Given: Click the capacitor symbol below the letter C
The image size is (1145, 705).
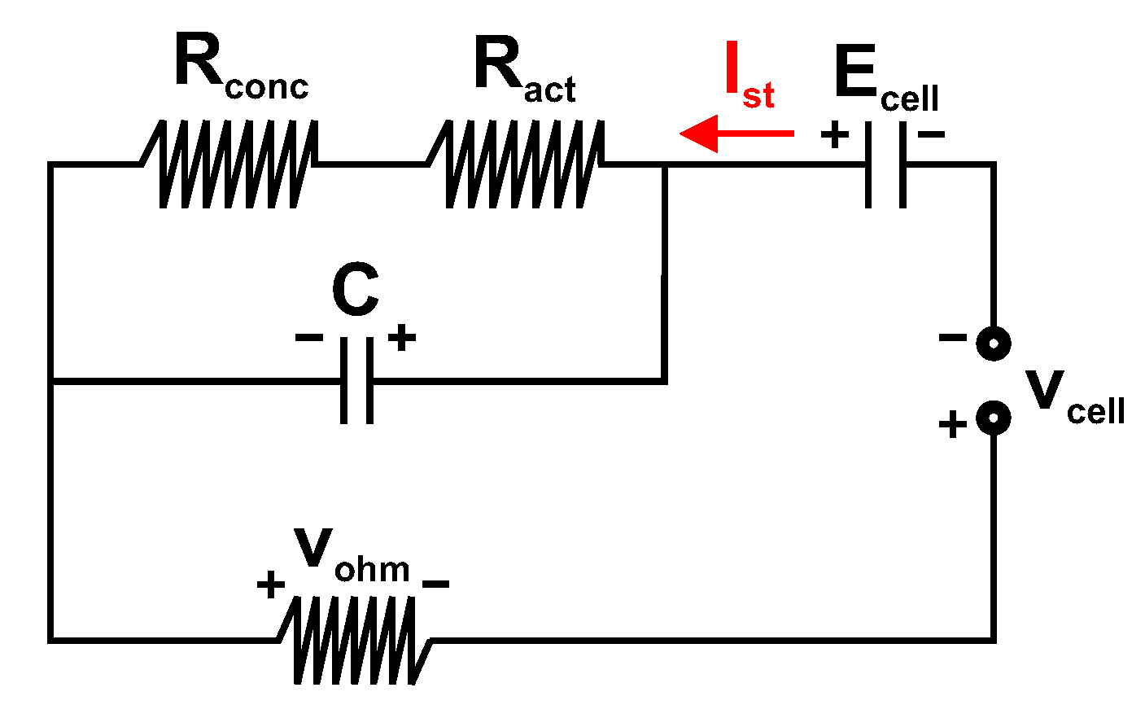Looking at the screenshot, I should click(357, 380).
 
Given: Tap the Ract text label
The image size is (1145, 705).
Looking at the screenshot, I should click(525, 72).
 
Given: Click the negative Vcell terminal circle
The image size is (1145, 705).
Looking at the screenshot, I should click(993, 342).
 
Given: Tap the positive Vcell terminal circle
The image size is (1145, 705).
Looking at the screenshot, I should click(993, 418).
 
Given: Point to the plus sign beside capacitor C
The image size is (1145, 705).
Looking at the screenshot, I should click(401, 337).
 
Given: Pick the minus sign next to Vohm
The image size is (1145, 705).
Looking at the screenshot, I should click(435, 583).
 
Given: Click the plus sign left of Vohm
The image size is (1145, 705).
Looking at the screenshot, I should click(271, 584).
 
